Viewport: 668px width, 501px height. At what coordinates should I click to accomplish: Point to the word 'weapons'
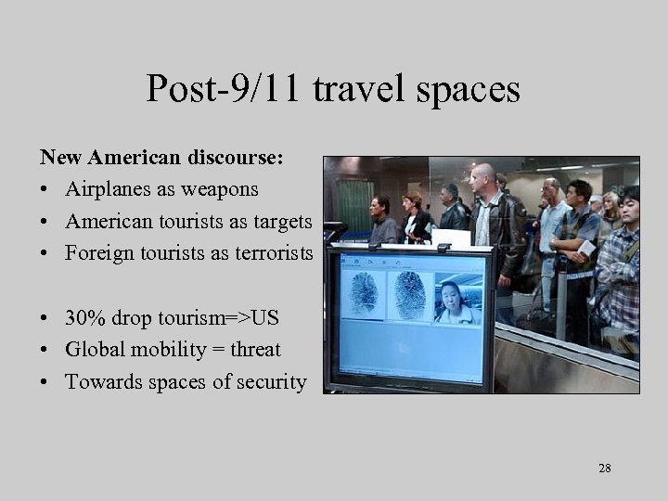click(220, 189)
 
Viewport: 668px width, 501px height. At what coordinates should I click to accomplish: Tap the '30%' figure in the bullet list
click(85, 317)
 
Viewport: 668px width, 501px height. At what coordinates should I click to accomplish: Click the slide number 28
click(605, 469)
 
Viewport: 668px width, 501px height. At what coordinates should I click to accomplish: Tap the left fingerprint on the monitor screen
click(364, 293)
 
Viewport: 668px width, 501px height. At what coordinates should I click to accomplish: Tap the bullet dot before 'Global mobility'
click(45, 351)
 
